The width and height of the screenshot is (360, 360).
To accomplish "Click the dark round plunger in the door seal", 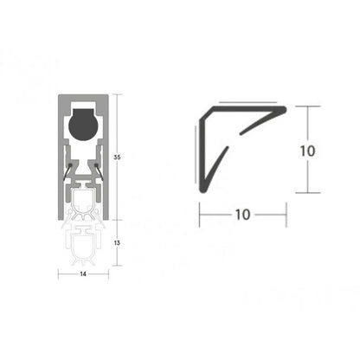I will point(83,124).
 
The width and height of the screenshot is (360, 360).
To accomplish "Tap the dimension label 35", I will point(118,157).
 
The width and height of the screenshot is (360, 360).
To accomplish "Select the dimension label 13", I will point(118,243).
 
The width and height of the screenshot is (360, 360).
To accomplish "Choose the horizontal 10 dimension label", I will point(242,214).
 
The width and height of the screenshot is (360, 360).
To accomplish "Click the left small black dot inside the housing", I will point(68,159).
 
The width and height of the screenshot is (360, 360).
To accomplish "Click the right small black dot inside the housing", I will point(98,159).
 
